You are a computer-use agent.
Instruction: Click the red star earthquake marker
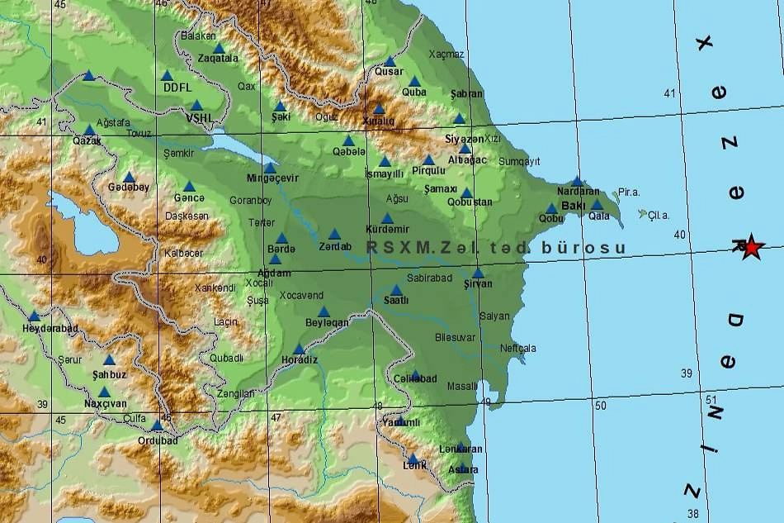[x=750, y=246]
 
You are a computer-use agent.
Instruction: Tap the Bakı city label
[x=573, y=206]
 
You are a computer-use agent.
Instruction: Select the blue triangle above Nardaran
[x=577, y=182]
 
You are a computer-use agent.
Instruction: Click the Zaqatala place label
[x=218, y=59]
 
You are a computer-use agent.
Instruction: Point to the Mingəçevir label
[x=272, y=178]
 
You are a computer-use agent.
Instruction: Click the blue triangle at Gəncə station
[x=189, y=186]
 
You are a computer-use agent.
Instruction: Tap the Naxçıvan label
[x=106, y=404]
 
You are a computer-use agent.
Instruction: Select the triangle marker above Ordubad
[x=157, y=426]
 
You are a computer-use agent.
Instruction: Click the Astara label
[x=463, y=469]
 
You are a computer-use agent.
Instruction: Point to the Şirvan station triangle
[x=478, y=273]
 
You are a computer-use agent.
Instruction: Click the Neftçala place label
[x=517, y=348]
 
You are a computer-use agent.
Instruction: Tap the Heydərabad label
[x=50, y=328]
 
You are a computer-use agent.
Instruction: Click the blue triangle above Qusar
[x=390, y=61]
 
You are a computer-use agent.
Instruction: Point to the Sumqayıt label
[x=519, y=162]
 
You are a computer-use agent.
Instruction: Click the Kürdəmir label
[x=387, y=229]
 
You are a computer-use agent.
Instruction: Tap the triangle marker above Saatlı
[x=396, y=290]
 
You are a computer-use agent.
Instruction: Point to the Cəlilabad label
[x=415, y=378]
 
